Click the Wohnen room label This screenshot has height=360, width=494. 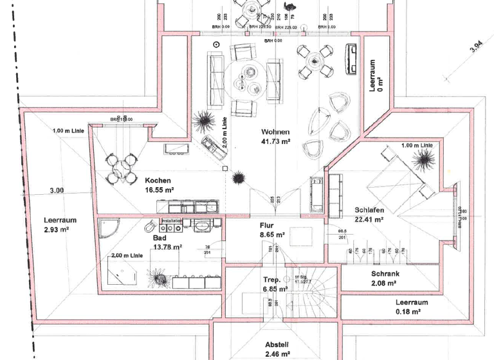point(275,132)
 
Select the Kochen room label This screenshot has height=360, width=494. point(158,181)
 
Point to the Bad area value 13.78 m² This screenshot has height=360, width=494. point(167,247)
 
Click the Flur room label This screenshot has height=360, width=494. point(267,226)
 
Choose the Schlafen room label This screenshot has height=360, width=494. point(369,210)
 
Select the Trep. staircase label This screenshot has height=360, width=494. point(270,280)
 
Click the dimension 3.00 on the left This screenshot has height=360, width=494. point(57,190)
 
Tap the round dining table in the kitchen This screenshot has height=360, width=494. point(122,168)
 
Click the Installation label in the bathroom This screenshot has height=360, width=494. point(172,221)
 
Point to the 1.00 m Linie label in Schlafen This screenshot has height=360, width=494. point(417,146)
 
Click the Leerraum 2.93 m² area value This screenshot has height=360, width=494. point(57,230)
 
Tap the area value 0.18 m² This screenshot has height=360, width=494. point(408,311)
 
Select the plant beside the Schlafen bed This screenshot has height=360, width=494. point(423,159)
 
